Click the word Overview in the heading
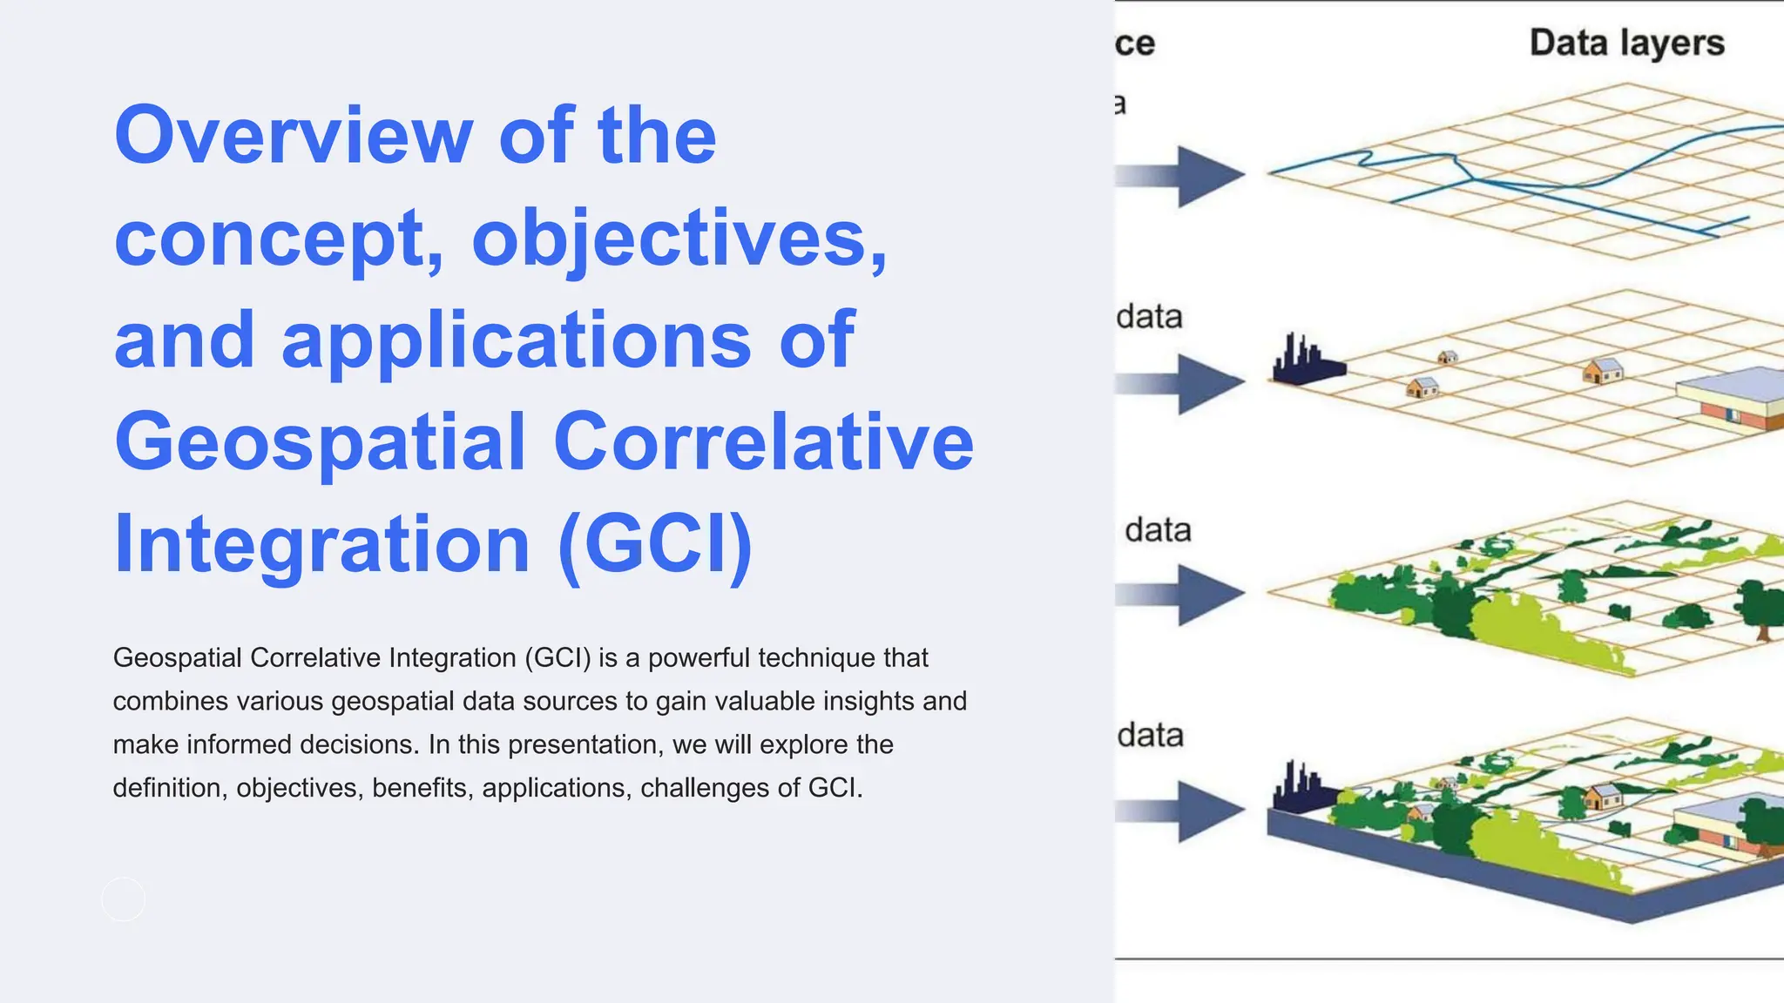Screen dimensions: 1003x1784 click(293, 136)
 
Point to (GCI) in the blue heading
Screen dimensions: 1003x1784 click(655, 543)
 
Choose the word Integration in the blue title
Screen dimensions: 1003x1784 click(321, 543)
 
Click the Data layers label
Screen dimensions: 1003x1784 click(1626, 43)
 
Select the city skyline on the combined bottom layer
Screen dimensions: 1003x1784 click(1301, 789)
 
